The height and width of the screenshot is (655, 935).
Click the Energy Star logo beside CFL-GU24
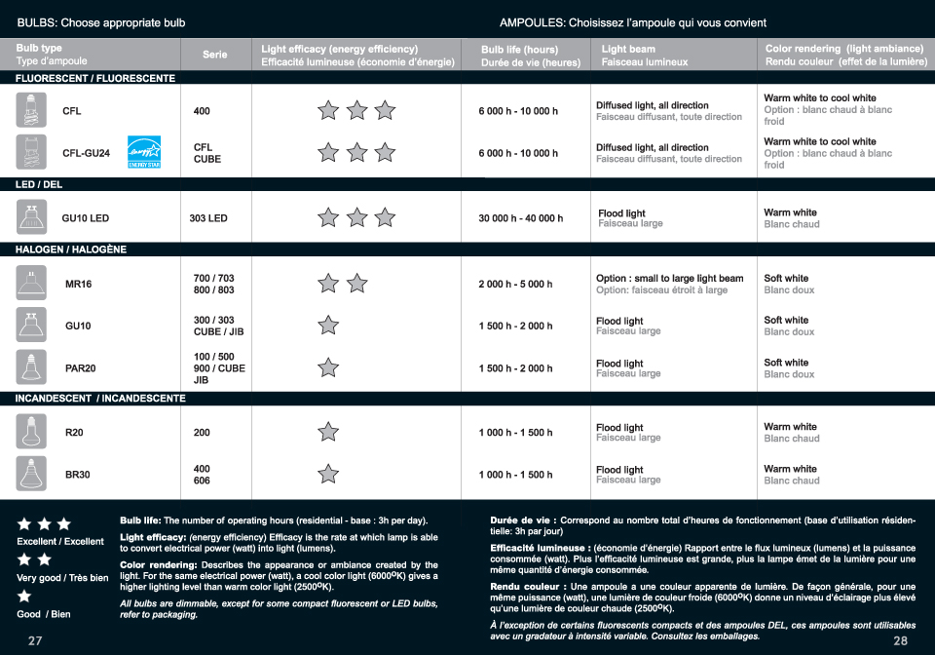(x=143, y=153)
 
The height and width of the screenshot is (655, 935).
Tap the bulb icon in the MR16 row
(x=31, y=284)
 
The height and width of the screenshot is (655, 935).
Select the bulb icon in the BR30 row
(x=31, y=475)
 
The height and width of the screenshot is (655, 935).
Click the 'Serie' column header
(x=215, y=55)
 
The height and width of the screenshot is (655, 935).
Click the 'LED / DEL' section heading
(x=39, y=184)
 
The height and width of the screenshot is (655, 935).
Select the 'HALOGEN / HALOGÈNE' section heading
(x=71, y=250)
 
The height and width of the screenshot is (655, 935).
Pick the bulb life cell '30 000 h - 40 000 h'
(x=520, y=218)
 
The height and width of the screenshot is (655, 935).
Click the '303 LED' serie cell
(x=208, y=218)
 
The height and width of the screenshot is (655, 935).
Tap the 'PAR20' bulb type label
(x=80, y=368)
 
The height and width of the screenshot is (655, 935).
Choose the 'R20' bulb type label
(x=74, y=433)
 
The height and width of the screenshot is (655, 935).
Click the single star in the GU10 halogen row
(x=328, y=326)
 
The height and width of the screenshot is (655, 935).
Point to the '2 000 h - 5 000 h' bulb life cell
(x=515, y=285)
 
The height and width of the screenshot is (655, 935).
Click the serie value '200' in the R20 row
(x=202, y=433)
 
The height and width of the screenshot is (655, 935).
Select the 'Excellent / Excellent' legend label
(x=60, y=542)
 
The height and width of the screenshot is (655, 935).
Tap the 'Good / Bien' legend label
(x=44, y=614)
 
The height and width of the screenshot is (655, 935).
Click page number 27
(x=35, y=640)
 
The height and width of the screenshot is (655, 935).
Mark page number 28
(x=899, y=640)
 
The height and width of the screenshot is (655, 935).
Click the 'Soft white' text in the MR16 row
(x=786, y=278)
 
